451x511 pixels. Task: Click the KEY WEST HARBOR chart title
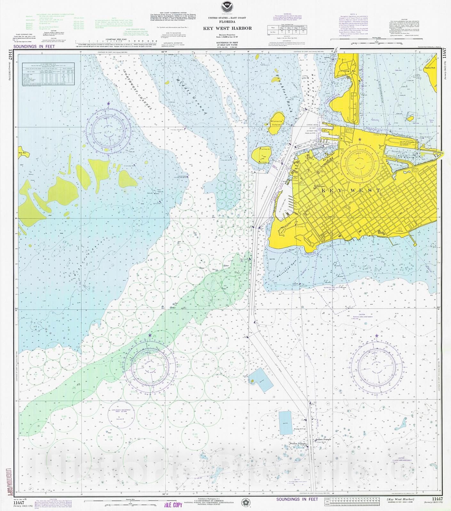tap(227, 28)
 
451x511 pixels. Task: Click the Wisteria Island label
tap(276, 123)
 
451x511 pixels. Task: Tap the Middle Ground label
tap(191, 96)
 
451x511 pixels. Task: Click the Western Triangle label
tap(297, 444)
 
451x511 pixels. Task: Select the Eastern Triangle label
tap(323, 439)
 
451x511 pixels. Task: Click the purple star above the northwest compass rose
tap(108, 103)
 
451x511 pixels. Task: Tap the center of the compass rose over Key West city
tap(360, 162)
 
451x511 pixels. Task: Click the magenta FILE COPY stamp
tap(173, 505)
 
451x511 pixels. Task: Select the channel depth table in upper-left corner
tap(48, 73)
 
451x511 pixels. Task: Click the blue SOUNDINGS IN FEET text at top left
tap(34, 46)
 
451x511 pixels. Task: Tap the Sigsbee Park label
tap(430, 68)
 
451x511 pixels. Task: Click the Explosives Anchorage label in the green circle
tap(121, 411)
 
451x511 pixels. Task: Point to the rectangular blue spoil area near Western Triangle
tap(285, 423)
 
